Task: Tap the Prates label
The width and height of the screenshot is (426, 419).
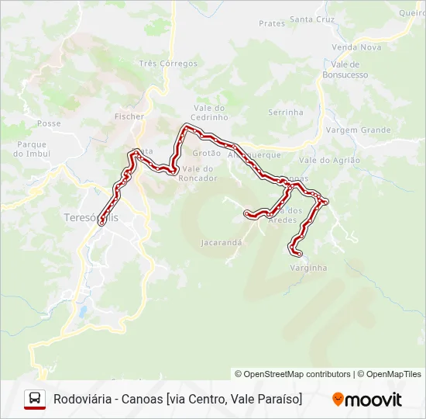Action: click(x=272, y=23)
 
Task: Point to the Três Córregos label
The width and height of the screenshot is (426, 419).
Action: click(x=168, y=64)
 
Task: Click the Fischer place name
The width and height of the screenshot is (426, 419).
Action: click(x=129, y=116)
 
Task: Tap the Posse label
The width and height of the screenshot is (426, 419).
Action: click(x=49, y=123)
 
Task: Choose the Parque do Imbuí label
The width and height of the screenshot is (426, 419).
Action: click(x=31, y=149)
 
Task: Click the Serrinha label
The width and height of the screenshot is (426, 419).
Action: click(x=286, y=113)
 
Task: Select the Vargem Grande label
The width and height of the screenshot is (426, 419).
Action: click(x=358, y=130)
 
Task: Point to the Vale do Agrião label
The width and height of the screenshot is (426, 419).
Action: click(x=329, y=160)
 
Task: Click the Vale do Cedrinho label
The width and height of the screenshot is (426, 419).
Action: click(x=210, y=113)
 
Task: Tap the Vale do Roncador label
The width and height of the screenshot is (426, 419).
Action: click(x=198, y=173)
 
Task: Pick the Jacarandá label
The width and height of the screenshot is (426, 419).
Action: click(x=222, y=243)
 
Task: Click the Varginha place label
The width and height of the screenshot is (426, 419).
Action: click(x=308, y=268)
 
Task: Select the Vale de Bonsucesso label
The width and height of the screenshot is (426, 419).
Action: click(x=345, y=69)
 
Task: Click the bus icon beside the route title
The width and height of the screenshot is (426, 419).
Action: click(x=34, y=399)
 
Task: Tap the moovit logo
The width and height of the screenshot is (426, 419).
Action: click(x=367, y=400)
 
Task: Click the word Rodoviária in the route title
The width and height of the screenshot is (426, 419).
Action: click(x=79, y=399)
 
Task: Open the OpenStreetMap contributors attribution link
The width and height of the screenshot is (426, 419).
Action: click(x=297, y=374)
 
